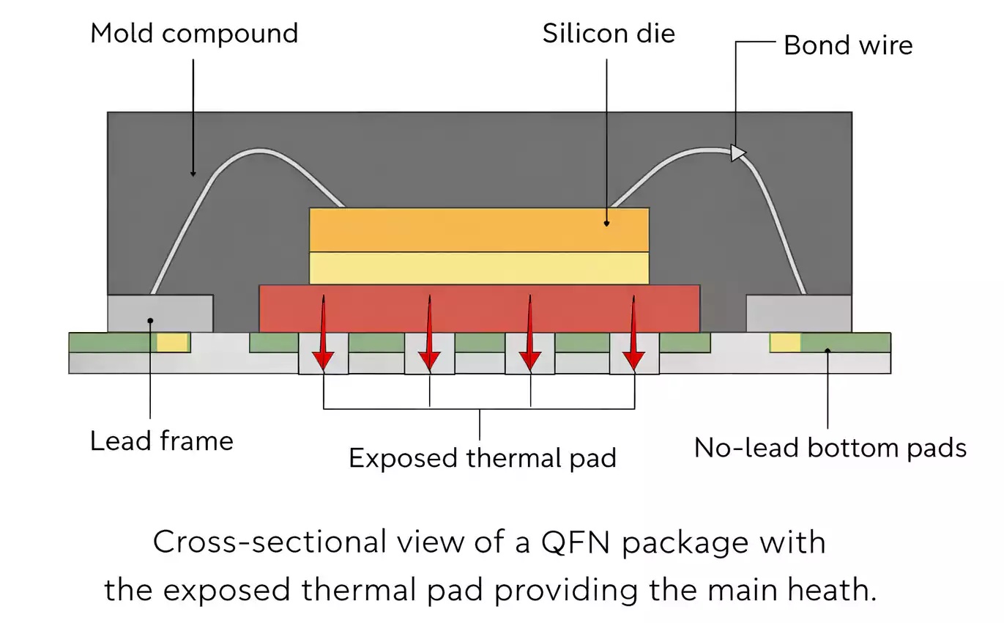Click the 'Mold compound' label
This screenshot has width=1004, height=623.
[x=194, y=34]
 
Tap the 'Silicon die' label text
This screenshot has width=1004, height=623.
[x=609, y=34]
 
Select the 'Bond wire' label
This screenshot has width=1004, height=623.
[x=848, y=45]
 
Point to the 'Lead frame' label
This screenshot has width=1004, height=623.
[x=162, y=441]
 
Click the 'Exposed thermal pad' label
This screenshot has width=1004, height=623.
[x=482, y=458]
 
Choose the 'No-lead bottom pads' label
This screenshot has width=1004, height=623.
[x=830, y=448]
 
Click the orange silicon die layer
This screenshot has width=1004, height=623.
[x=479, y=229]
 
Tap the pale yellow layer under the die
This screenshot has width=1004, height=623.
[x=479, y=268]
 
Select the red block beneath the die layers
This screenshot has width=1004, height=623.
[x=479, y=308]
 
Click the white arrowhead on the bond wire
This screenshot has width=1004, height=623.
[x=738, y=152]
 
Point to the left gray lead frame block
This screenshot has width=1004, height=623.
[x=160, y=314]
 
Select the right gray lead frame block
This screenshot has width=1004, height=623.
[x=798, y=314]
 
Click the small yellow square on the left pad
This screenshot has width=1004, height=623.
[x=173, y=342]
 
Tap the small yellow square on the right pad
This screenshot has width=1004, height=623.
[x=784, y=342]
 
